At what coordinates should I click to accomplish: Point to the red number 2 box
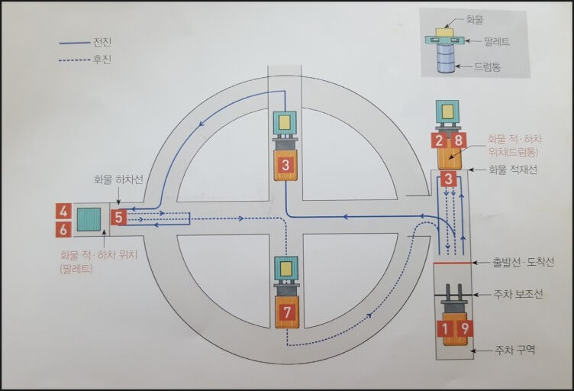tap(438, 141)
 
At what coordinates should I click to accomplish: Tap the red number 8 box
tap(458, 141)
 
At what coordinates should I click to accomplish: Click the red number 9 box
tap(464, 328)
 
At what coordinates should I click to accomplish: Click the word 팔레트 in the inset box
tap(495, 41)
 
